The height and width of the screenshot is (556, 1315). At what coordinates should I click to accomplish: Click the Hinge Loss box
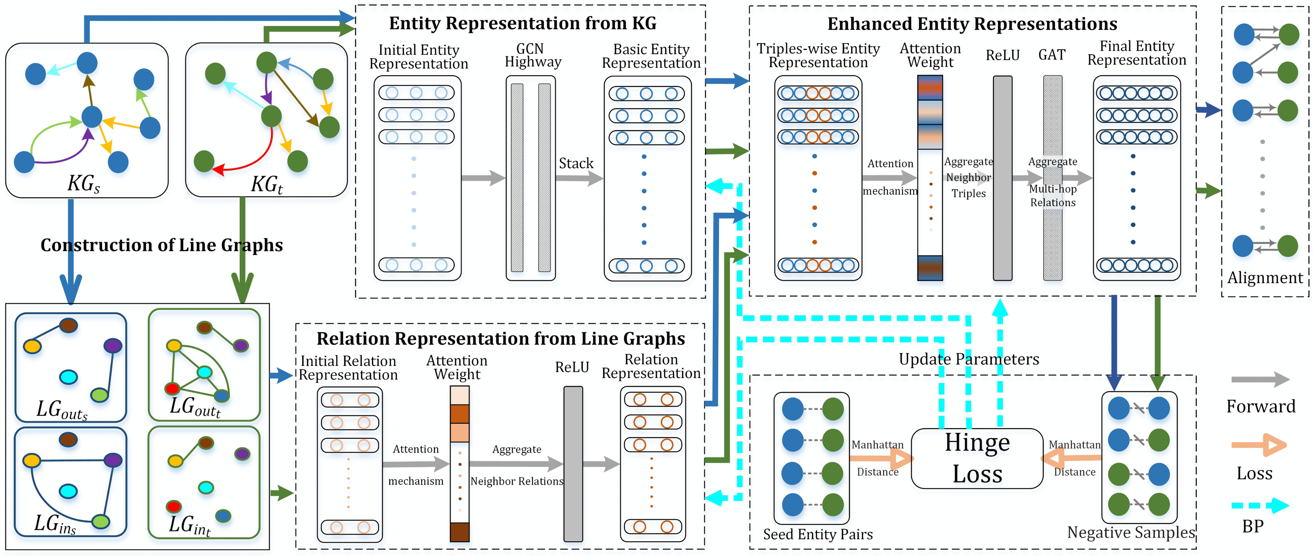point(977,458)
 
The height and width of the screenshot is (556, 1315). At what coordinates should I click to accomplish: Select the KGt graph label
point(267,184)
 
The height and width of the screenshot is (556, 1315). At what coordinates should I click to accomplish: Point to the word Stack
point(576,163)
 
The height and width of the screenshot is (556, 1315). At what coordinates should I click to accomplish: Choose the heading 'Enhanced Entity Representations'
point(972,24)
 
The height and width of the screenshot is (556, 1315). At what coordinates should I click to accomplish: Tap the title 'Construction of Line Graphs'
point(161,245)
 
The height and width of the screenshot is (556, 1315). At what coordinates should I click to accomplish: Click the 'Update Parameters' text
point(968,359)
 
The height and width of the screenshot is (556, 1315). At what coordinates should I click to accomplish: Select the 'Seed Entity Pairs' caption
point(818,534)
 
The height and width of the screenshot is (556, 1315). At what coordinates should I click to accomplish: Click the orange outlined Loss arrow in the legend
point(1259,445)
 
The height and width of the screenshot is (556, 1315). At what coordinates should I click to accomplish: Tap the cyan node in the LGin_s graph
point(68,491)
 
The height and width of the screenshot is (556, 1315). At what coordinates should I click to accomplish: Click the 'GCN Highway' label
point(532,55)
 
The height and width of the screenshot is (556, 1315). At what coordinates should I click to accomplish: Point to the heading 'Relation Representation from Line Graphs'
point(500,339)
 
